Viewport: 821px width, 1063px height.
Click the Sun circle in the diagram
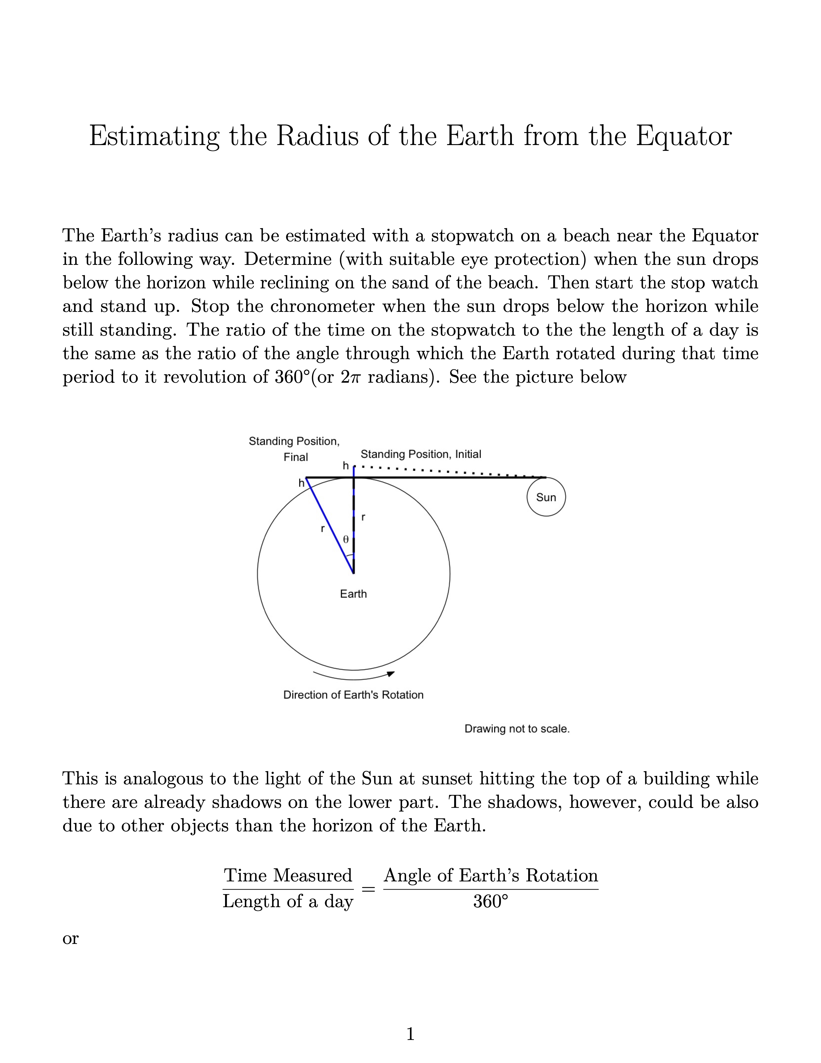tap(546, 497)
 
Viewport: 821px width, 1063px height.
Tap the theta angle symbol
tap(346, 539)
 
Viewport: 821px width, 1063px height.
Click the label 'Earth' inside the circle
tap(353, 594)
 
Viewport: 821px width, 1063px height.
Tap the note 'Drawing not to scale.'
tap(517, 729)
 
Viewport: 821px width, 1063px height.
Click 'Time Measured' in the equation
tap(288, 875)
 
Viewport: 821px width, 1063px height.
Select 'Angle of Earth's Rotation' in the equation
tap(491, 875)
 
